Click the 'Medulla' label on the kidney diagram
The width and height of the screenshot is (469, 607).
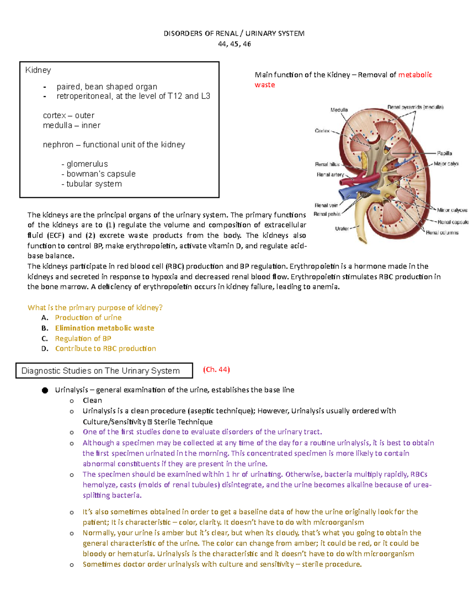pos(339,110)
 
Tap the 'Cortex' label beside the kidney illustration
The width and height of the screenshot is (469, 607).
pos(322,131)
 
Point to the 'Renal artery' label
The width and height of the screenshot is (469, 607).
pos(330,175)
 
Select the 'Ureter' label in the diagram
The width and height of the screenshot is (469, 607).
pos(342,229)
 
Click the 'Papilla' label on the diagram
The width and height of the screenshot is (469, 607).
pos(444,153)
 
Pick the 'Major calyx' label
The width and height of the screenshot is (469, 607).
pos(446,164)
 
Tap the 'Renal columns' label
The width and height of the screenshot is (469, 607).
pos(442,233)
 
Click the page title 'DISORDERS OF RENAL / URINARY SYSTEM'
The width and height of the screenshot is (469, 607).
pos(234,34)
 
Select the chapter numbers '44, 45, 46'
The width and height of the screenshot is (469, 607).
pos(234,44)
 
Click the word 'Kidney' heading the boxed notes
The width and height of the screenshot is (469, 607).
pos(38,70)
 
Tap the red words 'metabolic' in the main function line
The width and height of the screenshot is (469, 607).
pos(415,75)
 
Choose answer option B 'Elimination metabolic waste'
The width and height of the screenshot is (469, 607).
pos(104,328)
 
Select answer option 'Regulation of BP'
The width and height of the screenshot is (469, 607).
pos(83,338)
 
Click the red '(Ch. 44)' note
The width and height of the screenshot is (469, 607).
pos(216,369)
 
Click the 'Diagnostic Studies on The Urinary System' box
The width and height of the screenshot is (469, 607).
pos(104,371)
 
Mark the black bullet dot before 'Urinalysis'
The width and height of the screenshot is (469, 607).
pos(45,390)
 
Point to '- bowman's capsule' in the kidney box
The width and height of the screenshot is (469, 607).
pos(98,174)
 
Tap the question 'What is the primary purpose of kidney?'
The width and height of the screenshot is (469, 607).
pos(95,308)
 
